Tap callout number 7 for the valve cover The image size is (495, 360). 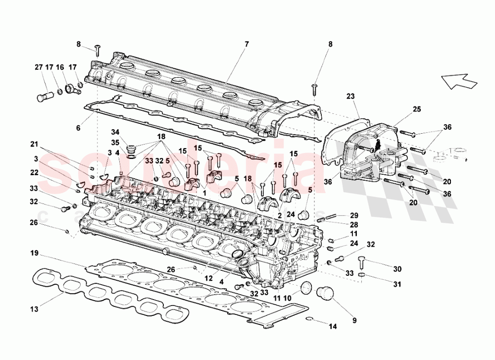pyautogui.click(x=246, y=44)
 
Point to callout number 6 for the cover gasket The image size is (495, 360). pyautogui.click(x=78, y=128)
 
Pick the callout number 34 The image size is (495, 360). pyautogui.click(x=115, y=132)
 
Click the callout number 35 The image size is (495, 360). pyautogui.click(x=115, y=143)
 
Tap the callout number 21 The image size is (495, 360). pyautogui.click(x=34, y=144)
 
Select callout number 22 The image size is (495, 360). pyautogui.click(x=34, y=172)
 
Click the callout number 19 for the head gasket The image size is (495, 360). pyautogui.click(x=34, y=254)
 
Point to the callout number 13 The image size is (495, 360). pyautogui.click(x=34, y=309)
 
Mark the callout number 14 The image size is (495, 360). pyautogui.click(x=332, y=326)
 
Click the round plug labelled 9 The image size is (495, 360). pyautogui.click(x=326, y=292)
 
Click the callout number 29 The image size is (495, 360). pyautogui.click(x=353, y=215)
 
